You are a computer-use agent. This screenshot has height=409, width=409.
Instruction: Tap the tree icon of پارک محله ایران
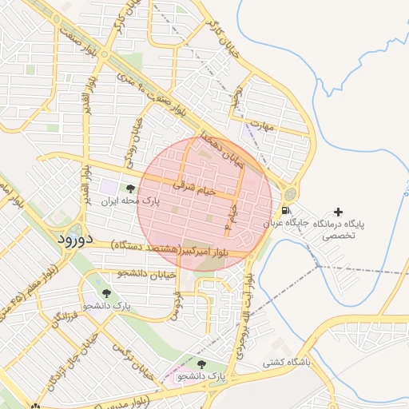[130, 189]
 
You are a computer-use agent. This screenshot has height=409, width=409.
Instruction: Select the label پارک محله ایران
[130, 203]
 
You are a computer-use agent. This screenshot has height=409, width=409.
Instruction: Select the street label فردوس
[177, 303]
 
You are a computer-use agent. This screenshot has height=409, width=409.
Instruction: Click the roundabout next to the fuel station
[289, 193]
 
